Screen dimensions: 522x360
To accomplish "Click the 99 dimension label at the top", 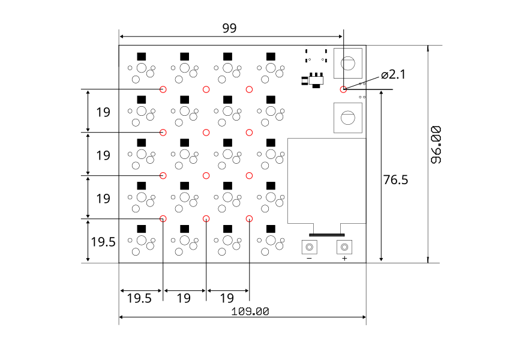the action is click(229, 28).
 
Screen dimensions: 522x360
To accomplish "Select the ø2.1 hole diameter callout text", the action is click(394, 74).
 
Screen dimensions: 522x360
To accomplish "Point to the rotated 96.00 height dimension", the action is click(436, 145).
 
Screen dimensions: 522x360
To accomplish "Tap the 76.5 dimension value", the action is click(395, 180).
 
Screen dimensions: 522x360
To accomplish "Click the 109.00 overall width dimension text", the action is click(250, 311).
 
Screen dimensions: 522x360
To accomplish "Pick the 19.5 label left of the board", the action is click(103, 242).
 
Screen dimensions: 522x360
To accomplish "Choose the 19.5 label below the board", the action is click(139, 298).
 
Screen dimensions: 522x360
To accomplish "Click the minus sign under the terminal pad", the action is click(309, 258).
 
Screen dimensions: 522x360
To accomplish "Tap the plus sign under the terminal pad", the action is click(344, 258).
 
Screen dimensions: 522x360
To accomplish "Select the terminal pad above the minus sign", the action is click(309, 247).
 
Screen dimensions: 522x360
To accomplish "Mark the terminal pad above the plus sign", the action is click(344, 247).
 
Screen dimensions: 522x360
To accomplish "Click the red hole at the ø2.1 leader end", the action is click(343, 89).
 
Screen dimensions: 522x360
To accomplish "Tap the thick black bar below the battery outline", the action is click(326, 235).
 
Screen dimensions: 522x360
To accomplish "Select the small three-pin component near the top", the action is click(314, 80).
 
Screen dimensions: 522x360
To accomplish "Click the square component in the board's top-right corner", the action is click(348, 63).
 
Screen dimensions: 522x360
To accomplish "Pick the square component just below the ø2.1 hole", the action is click(348, 118).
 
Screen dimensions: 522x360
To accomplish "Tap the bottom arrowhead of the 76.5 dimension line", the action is click(381, 259).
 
